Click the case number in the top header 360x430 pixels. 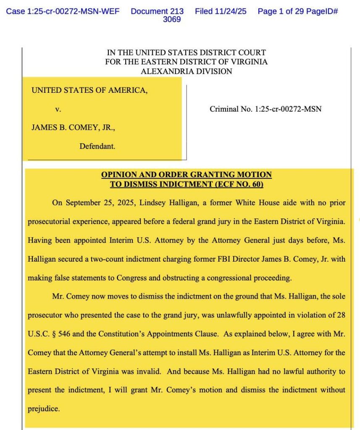pos(62,11)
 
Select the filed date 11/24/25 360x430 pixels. pos(221,11)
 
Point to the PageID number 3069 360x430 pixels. pos(172,19)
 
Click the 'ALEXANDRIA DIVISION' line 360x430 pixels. pos(186,71)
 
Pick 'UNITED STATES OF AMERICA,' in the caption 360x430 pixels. pos(89,90)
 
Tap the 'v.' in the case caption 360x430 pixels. pos(58,109)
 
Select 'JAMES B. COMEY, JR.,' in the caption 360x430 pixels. pos(73,128)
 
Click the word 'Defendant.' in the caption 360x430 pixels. pos(97,147)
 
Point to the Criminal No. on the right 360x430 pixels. pos(265,109)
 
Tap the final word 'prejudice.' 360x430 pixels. pos(43,408)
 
